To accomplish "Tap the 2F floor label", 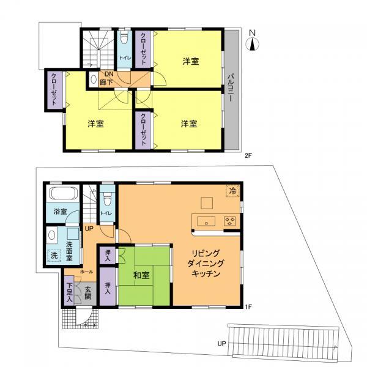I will [x=248, y=156].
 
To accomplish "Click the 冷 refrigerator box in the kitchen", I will [x=232, y=191].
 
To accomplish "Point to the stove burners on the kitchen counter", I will [x=231, y=221].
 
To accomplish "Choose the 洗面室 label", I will [x=69, y=250].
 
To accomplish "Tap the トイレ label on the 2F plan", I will [x=124, y=59].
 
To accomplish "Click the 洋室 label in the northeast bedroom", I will [x=190, y=61].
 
